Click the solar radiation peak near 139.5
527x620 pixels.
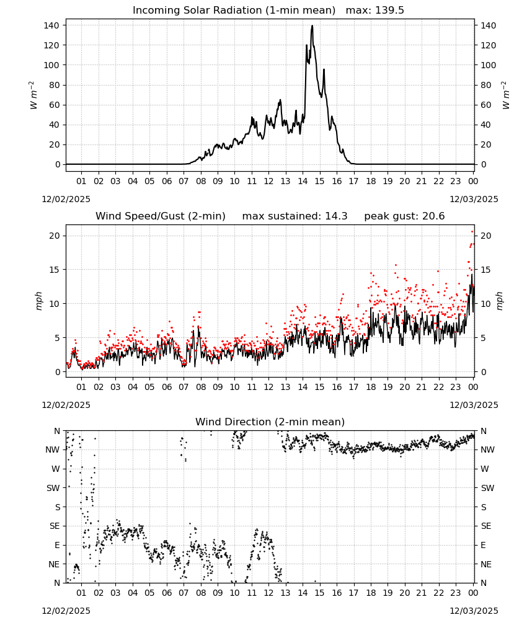point(312,26)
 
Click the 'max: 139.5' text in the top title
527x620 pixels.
point(375,11)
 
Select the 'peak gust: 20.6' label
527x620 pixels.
point(404,216)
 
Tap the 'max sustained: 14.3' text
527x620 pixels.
point(294,216)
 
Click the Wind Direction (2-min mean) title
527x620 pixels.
point(270,422)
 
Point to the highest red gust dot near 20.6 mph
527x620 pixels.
point(472,232)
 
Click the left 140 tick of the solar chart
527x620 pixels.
point(51,25)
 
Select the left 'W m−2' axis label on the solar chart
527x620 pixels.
point(33,95)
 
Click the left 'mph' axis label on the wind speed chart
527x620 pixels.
point(38,301)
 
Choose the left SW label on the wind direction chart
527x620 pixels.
point(53,488)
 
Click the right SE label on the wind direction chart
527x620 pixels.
point(486,526)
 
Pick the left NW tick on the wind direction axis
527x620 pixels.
point(52,449)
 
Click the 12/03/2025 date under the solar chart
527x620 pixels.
point(474,199)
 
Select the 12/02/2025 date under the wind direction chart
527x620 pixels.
point(66,611)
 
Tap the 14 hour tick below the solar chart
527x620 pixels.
point(303,181)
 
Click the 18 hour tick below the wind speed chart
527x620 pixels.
point(371,387)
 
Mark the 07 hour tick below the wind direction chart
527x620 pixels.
point(184,593)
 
